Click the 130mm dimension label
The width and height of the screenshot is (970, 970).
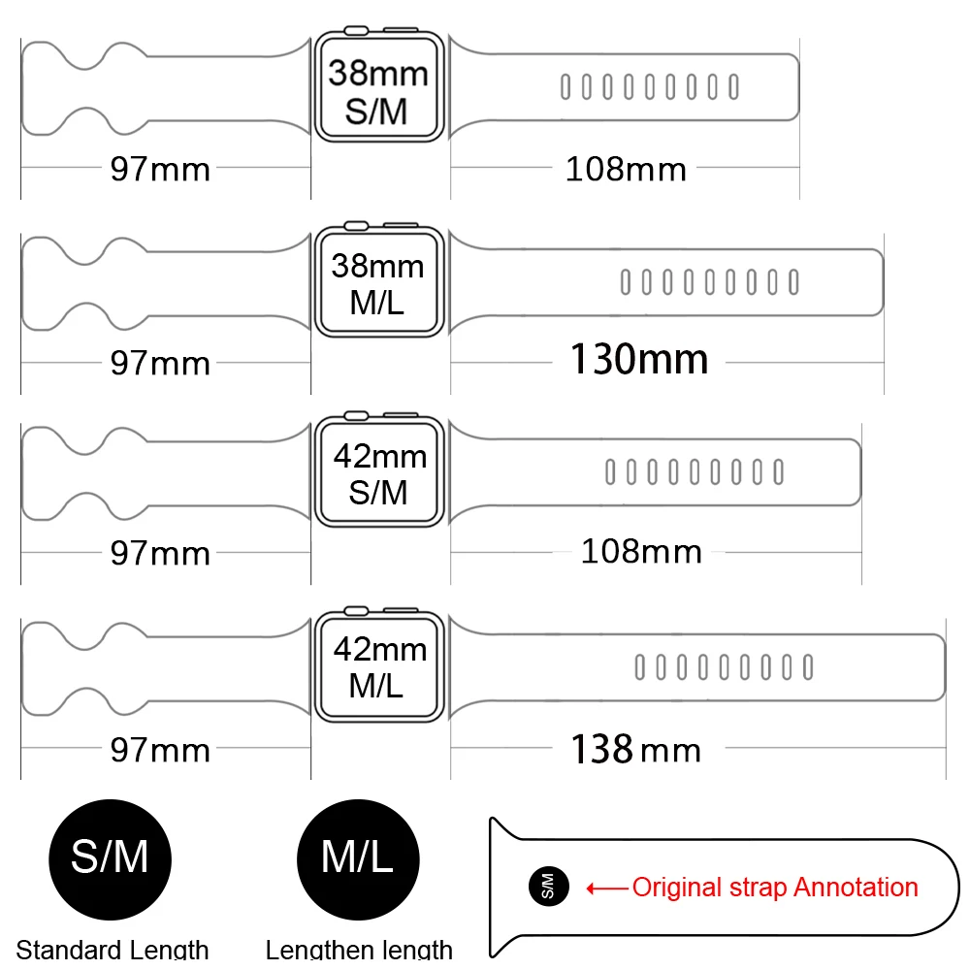click(x=638, y=361)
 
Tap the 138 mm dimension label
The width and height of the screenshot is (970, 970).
click(x=635, y=749)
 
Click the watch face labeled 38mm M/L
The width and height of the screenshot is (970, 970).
click(x=378, y=283)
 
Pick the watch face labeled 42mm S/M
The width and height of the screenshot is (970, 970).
click(x=378, y=474)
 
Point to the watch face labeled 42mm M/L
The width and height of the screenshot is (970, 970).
click(x=378, y=667)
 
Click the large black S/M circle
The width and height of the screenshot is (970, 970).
click(x=110, y=857)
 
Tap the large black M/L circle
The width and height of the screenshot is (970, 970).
click(x=357, y=857)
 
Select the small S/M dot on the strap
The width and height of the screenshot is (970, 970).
click(x=544, y=886)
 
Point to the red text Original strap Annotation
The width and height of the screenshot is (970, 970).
click(x=774, y=887)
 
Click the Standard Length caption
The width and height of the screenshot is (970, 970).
click(x=113, y=950)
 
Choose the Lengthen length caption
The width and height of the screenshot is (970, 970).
click(x=359, y=950)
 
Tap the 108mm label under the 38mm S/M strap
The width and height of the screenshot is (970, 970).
click(x=626, y=170)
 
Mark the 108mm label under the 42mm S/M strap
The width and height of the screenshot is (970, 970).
click(x=641, y=552)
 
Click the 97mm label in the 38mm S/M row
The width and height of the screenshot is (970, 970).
click(x=160, y=170)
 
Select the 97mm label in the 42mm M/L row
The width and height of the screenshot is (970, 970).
click(x=160, y=750)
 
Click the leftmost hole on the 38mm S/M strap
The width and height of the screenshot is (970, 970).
click(x=565, y=87)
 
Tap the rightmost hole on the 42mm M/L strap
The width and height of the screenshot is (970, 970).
click(x=808, y=667)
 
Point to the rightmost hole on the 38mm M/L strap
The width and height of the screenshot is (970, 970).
click(x=793, y=282)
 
